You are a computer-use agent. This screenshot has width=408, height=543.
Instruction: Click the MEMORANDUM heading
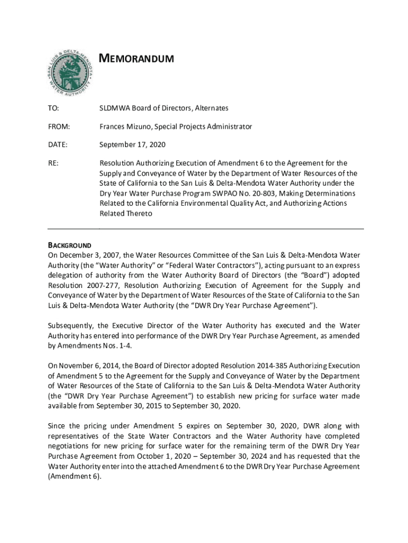(x=137, y=58)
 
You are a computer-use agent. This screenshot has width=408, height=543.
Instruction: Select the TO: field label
(x=54, y=108)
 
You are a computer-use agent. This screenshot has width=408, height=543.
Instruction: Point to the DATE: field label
(x=58, y=145)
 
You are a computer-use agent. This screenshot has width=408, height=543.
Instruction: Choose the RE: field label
(x=53, y=163)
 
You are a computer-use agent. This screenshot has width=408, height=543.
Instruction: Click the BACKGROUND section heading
(x=69, y=246)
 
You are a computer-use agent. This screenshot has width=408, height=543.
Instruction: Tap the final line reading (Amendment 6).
(x=74, y=476)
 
